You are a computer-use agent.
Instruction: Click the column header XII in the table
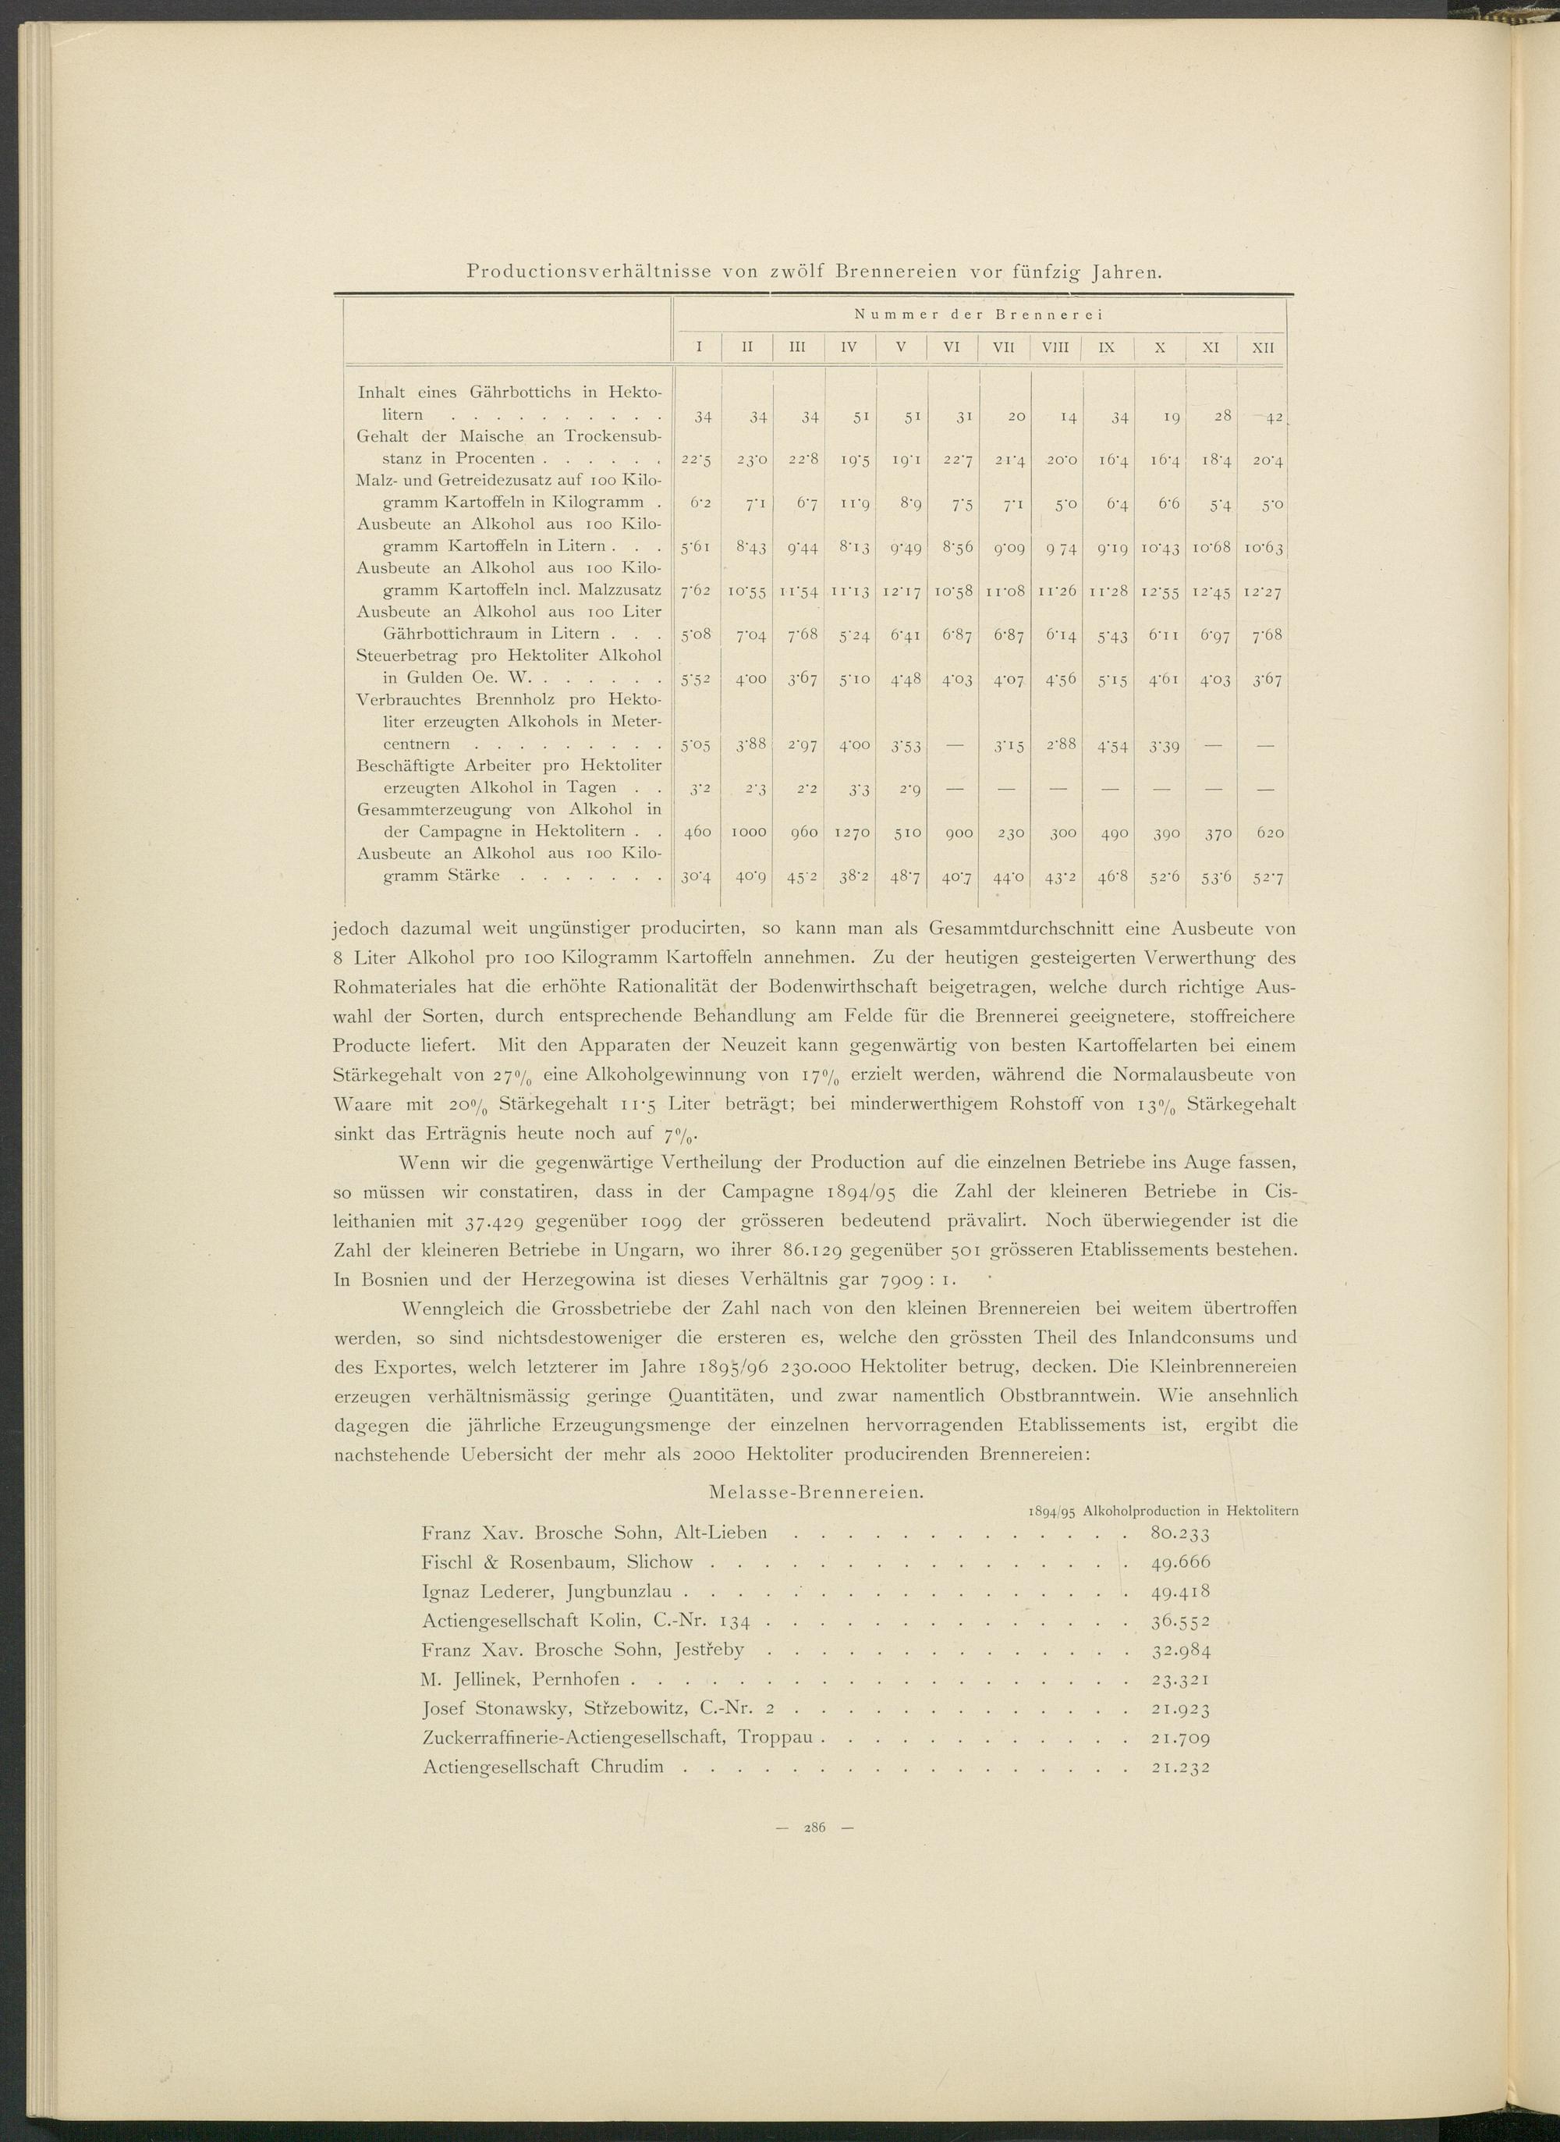click(1263, 347)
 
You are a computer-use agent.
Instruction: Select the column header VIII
click(1055, 347)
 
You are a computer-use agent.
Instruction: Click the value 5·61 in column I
click(697, 547)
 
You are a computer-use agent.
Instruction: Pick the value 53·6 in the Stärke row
click(1211, 876)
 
